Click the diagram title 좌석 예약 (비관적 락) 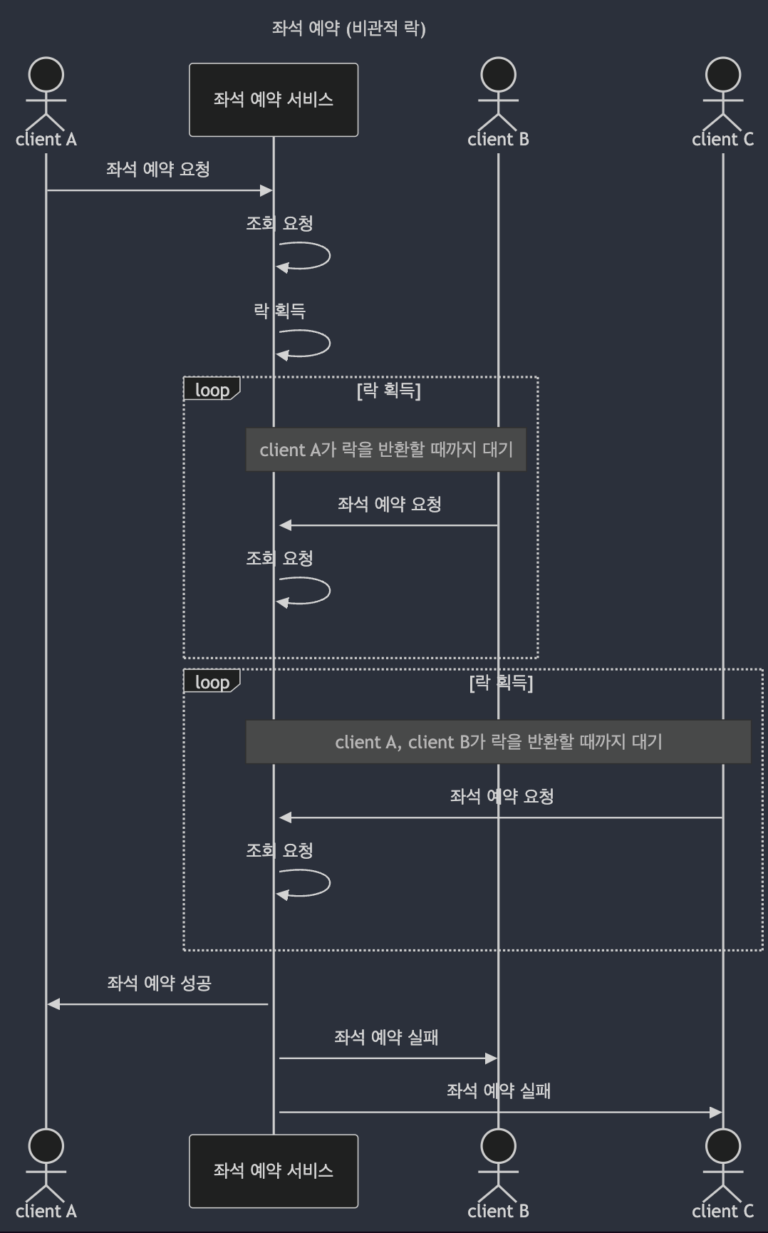point(348,29)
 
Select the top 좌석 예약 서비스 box point(274,100)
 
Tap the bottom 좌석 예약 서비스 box point(274,1171)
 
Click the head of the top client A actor point(46,75)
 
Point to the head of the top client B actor point(498,75)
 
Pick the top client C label point(722,140)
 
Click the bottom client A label point(46,1211)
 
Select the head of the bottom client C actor point(722,1146)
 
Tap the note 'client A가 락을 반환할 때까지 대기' point(386,450)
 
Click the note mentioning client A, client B point(499,742)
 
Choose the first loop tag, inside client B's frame point(212,390)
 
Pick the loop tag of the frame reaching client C point(212,682)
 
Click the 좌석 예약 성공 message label point(159,984)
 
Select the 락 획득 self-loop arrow point(313,343)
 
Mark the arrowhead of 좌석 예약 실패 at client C point(716,1112)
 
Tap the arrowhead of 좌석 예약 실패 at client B point(492,1058)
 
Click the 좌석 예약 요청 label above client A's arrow point(158,170)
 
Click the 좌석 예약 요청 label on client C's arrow point(502,797)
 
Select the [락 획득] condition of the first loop point(389,390)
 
